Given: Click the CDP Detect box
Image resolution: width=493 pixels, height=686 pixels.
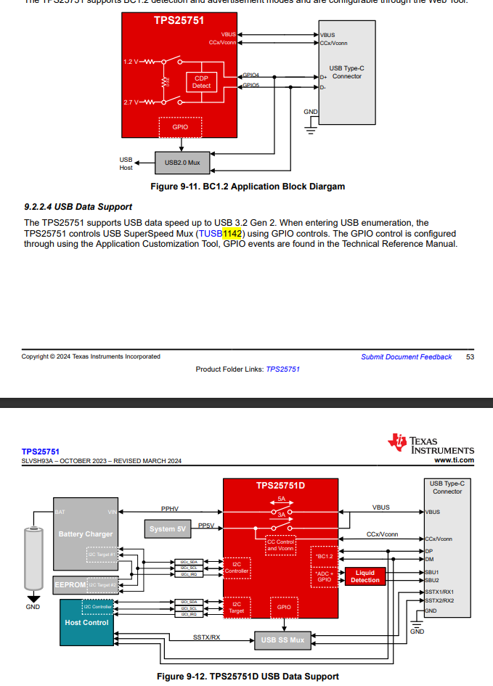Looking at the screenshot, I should (x=201, y=82).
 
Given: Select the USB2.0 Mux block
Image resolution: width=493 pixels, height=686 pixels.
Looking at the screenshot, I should (x=182, y=162).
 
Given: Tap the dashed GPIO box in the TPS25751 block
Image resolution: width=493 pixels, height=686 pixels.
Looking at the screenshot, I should (x=180, y=127).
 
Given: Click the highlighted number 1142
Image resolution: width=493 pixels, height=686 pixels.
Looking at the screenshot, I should (x=232, y=233).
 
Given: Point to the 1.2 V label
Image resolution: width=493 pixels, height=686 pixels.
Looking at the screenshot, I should (x=131, y=60).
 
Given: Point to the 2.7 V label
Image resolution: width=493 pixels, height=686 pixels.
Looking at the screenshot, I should (x=131, y=102).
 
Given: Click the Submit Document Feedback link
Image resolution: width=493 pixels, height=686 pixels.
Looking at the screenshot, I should (x=406, y=356).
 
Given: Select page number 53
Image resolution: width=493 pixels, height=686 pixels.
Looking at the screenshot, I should (x=470, y=356).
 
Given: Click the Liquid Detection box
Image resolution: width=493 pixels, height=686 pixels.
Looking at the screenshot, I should (x=364, y=576).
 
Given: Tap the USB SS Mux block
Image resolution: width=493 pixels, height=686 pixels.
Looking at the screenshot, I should (x=282, y=640).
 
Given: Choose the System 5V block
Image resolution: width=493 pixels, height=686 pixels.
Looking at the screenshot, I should (x=168, y=529).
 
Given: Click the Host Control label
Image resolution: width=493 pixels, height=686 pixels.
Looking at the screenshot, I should (x=86, y=622).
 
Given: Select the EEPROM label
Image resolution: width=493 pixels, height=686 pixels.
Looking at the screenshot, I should (x=70, y=584).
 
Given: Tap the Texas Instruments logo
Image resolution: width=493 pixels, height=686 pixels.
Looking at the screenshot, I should (x=431, y=444).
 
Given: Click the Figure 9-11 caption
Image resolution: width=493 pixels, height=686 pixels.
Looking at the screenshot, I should (x=247, y=187).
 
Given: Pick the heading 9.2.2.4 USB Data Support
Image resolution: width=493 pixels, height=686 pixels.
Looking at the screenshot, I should (x=78, y=207).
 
